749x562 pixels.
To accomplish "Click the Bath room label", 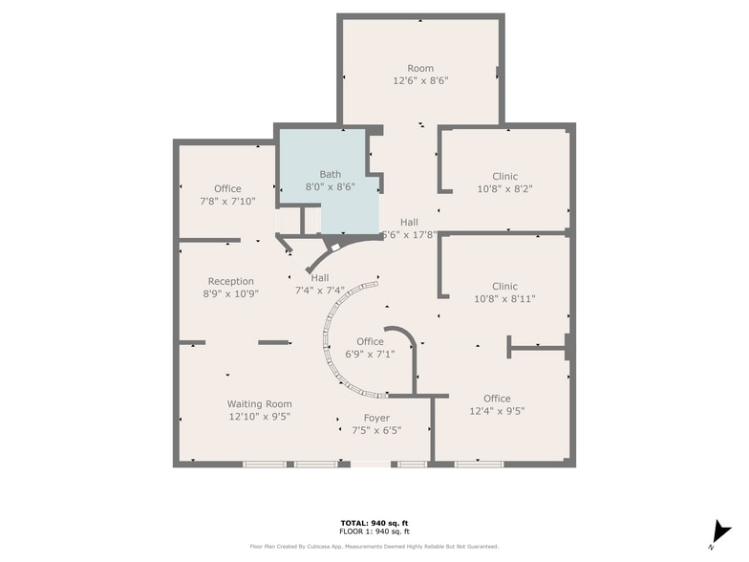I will (x=330, y=174).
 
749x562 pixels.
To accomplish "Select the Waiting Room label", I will (x=259, y=404).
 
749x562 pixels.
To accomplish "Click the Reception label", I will (x=231, y=281).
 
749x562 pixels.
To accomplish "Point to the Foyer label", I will (x=376, y=418).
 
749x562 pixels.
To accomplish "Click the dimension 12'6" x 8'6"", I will (x=420, y=81).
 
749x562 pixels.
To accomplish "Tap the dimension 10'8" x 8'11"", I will (x=504, y=299).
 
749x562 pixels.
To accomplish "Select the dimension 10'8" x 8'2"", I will (x=504, y=189).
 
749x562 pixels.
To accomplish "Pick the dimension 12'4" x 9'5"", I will (x=497, y=411).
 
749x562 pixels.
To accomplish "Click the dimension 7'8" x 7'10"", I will (x=227, y=202).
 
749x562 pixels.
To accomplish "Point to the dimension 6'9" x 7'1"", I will (x=370, y=355).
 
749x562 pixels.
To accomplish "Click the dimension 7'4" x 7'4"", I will (x=319, y=291).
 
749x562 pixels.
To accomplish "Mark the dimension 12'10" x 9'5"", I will (x=259, y=417).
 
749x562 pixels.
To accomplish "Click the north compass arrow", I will (x=720, y=531).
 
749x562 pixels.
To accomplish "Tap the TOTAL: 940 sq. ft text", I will (x=374, y=523).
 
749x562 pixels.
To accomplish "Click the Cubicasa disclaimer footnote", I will (x=374, y=547).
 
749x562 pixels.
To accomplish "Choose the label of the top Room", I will (x=420, y=68).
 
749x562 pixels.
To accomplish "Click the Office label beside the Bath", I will (x=227, y=188).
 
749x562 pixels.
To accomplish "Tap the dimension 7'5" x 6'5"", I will (x=376, y=430).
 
